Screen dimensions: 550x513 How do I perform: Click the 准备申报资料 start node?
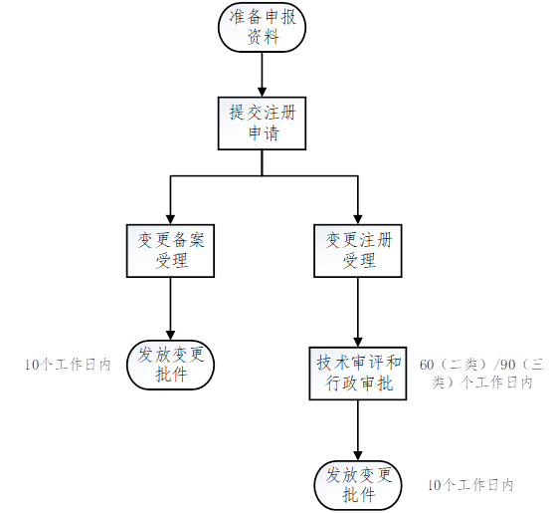[262, 28]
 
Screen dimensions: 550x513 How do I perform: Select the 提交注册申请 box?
[262, 124]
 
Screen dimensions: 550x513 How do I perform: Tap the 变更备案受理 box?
[170, 251]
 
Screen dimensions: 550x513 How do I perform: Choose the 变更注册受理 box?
[358, 251]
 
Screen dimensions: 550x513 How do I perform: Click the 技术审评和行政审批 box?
[358, 374]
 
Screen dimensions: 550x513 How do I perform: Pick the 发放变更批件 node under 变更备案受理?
[170, 365]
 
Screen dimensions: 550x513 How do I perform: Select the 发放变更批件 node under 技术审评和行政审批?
[358, 485]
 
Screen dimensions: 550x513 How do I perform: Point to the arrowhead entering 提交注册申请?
[262, 92]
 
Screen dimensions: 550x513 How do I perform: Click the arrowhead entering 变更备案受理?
[170, 219]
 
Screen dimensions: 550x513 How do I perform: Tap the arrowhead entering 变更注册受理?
[358, 219]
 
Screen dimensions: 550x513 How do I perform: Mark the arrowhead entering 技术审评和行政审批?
[358, 343]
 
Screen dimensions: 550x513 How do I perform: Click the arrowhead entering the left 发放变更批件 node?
[170, 336]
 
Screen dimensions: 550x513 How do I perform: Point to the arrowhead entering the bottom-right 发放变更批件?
[358, 456]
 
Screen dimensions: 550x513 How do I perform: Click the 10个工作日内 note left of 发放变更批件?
[68, 365]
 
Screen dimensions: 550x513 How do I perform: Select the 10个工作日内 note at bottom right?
[470, 485]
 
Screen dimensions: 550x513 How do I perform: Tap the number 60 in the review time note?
[427, 365]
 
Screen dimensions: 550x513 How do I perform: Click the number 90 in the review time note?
[507, 365]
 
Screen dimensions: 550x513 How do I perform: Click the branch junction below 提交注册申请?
[262, 175]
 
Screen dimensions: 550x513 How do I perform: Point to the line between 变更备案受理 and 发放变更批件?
[170, 304]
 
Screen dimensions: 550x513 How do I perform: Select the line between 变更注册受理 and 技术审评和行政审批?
[358, 308]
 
